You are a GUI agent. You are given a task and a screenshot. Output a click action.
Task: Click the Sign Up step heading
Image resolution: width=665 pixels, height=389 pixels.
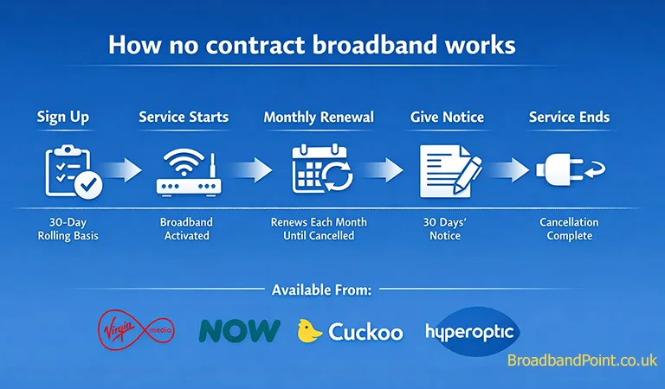[62, 117]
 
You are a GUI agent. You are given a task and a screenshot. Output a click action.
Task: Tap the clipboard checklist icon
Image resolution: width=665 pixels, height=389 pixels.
[73, 171]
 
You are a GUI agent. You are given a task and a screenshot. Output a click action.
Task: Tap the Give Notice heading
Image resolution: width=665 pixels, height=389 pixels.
[447, 117]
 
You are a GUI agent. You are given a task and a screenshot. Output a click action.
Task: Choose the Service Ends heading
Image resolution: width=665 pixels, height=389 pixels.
[569, 117]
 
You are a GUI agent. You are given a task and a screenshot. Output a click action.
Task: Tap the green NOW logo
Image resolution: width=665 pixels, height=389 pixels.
[240, 330]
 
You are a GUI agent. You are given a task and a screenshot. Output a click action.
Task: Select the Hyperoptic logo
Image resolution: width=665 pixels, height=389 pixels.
[471, 330]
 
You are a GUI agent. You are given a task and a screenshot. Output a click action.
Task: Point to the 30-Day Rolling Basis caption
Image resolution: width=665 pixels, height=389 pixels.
[62, 229]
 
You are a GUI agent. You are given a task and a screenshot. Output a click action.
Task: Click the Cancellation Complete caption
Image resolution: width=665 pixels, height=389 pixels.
[569, 229]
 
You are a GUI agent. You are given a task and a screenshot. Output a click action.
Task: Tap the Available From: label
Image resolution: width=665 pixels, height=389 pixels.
[321, 290]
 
